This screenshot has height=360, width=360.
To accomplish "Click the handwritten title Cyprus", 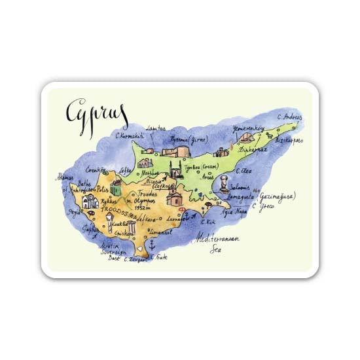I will pos(96,112).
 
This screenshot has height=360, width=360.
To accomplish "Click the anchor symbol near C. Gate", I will pos(151,245).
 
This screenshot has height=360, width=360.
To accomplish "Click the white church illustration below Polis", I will pos(90,201).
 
